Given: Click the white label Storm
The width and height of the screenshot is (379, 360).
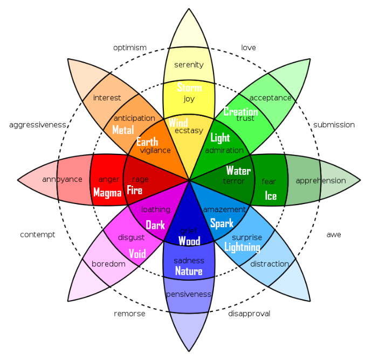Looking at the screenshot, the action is click(189, 87).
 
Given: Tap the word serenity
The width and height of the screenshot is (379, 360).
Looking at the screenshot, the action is click(189, 65).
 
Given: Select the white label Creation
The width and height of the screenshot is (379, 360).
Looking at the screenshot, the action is click(240, 112).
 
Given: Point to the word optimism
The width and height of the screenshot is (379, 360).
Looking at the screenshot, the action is click(130, 48).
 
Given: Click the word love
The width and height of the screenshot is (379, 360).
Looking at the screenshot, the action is click(248, 47).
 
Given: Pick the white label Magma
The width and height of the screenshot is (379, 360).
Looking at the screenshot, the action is click(107, 193).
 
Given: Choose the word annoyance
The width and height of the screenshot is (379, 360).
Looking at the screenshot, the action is click(62, 179).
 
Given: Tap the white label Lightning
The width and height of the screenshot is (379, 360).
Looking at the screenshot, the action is click(242, 247).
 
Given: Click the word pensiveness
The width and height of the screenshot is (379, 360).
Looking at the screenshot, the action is click(189, 294).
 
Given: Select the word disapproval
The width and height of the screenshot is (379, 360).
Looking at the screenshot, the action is click(249, 314).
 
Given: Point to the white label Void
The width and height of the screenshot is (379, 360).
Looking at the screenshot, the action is click(137, 254).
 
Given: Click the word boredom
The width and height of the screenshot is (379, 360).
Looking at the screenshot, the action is click(108, 264).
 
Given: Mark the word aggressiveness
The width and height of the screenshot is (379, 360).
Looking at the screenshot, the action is click(37, 125).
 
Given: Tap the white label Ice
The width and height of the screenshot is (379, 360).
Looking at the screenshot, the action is click(271, 196).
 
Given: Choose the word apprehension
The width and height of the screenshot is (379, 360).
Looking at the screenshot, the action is click(321, 181).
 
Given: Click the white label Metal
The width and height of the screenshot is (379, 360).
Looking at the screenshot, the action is click(123, 130).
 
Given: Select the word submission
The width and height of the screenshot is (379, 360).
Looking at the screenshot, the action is click(334, 125).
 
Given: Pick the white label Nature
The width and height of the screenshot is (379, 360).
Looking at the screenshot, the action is click(189, 271).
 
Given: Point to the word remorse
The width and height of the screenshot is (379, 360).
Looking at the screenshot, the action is click(129, 314).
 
